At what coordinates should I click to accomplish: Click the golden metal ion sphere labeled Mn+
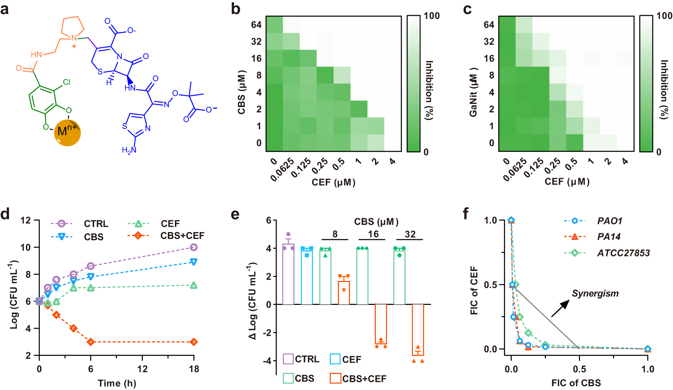[x=67, y=133]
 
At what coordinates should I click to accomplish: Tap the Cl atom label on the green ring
[x=67, y=82]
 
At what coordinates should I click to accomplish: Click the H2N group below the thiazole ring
[x=129, y=150]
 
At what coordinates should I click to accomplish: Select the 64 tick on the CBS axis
[x=256, y=25]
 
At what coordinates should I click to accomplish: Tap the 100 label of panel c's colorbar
[x=664, y=16]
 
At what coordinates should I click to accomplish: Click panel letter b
[x=236, y=9]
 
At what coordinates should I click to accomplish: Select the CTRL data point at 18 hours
[x=193, y=247]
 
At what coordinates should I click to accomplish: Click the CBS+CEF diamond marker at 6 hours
[x=91, y=342]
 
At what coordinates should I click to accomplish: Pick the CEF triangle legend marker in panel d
[x=138, y=224]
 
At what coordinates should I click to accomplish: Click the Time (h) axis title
[x=117, y=383]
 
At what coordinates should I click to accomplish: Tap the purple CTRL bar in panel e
[x=288, y=274]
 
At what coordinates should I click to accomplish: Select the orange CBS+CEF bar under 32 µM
[x=418, y=330]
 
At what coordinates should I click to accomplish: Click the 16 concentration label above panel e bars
[x=373, y=234]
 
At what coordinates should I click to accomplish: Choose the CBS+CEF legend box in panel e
[x=335, y=378]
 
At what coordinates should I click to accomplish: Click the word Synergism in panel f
[x=595, y=293]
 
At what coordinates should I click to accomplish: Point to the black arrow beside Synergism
[x=560, y=308]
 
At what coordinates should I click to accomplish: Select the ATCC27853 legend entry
[x=623, y=253]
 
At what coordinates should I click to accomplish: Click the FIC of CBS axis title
[x=576, y=383]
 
